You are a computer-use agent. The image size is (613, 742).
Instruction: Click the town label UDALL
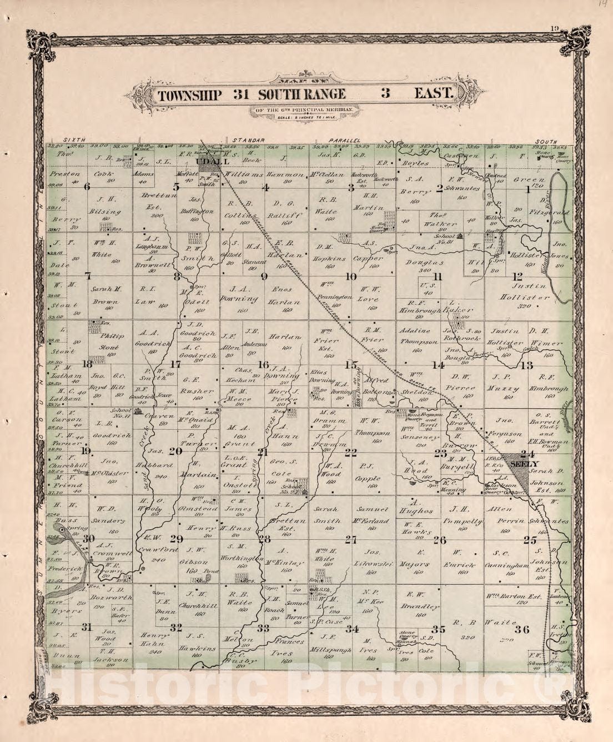coord(213,162)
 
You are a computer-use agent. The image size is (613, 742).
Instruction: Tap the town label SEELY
coord(524,464)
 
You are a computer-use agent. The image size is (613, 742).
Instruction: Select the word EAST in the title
coord(433,93)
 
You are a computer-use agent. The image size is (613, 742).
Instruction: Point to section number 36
coord(522,629)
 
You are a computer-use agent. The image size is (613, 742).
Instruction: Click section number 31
coord(86,628)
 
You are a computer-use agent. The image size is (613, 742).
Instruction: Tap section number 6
coord(87,187)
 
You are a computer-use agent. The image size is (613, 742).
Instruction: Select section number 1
coord(527,189)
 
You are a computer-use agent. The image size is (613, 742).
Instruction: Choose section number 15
coord(350,365)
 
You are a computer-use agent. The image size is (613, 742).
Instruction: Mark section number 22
coord(350,453)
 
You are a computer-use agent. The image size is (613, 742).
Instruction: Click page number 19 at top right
coord(554,28)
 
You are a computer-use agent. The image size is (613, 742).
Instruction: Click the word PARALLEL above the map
coord(345,141)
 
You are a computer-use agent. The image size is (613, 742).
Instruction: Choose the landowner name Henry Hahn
coord(153,640)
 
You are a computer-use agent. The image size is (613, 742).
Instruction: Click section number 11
coord(438,277)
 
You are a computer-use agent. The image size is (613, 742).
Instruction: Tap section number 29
coord(177,539)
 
